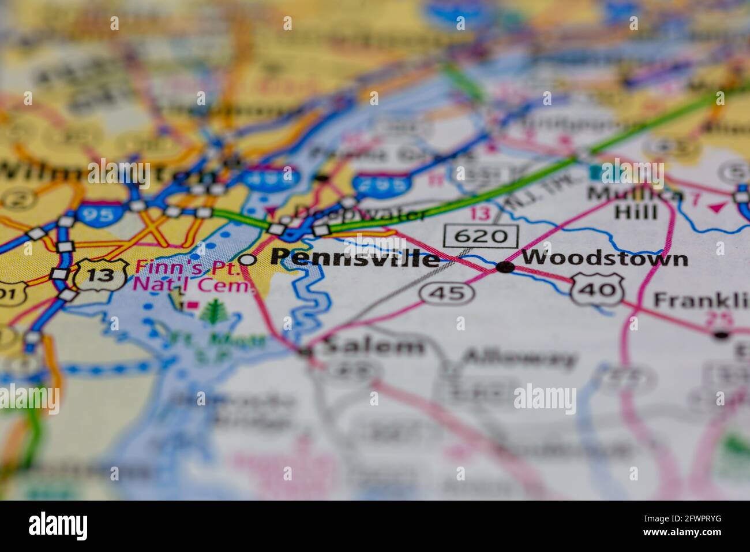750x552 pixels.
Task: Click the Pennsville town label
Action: coord(354,258)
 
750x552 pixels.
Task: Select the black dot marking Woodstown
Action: coord(505,267)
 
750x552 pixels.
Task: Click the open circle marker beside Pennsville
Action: coord(247,260)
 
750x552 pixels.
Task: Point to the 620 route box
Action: coord(481,236)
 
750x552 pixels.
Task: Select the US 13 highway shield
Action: coord(101,274)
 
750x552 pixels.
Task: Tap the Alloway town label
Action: coord(519,358)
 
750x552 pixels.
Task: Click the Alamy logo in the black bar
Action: coord(58,525)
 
